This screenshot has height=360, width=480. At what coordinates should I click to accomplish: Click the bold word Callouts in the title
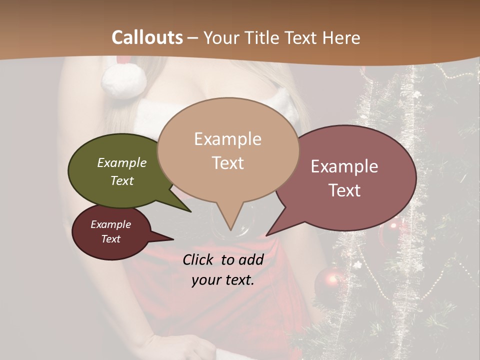(x=147, y=37)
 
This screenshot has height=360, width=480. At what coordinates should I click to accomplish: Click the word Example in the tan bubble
(x=227, y=139)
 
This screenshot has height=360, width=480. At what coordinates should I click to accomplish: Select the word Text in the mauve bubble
(x=345, y=190)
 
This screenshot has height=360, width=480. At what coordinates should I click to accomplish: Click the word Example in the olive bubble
(x=121, y=163)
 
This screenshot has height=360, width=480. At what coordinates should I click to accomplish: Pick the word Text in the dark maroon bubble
(x=110, y=239)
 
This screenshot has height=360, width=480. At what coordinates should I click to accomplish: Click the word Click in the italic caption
(x=198, y=259)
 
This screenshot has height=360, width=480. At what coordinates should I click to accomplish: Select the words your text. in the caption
(x=223, y=280)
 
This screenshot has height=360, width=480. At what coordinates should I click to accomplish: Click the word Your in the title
(x=222, y=37)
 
